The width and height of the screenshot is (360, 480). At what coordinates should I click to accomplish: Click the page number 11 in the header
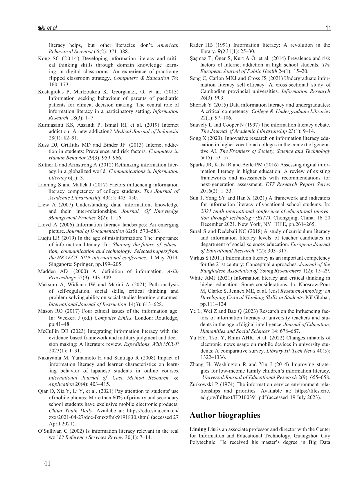328,28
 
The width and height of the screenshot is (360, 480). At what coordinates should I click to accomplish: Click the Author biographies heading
225,415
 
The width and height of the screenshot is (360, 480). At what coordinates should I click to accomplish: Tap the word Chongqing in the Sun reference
285,218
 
